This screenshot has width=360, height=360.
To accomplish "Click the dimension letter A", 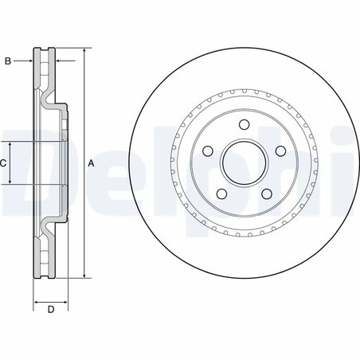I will (x=91, y=163).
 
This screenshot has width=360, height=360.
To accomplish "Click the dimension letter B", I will (x=8, y=61).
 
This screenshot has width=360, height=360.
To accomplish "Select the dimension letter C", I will (x=4, y=162).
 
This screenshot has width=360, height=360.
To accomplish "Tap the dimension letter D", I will (x=51, y=310).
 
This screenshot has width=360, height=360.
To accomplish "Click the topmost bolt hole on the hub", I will (x=245, y=123).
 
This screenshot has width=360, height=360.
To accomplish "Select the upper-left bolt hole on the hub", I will (x=208, y=151).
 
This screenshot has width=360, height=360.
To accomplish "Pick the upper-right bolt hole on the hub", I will (x=280, y=151).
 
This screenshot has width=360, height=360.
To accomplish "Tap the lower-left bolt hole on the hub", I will (x=222, y=194).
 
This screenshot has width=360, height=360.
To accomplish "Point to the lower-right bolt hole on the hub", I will (x=267, y=194).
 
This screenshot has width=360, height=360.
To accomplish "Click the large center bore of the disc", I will (x=245, y=162).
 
